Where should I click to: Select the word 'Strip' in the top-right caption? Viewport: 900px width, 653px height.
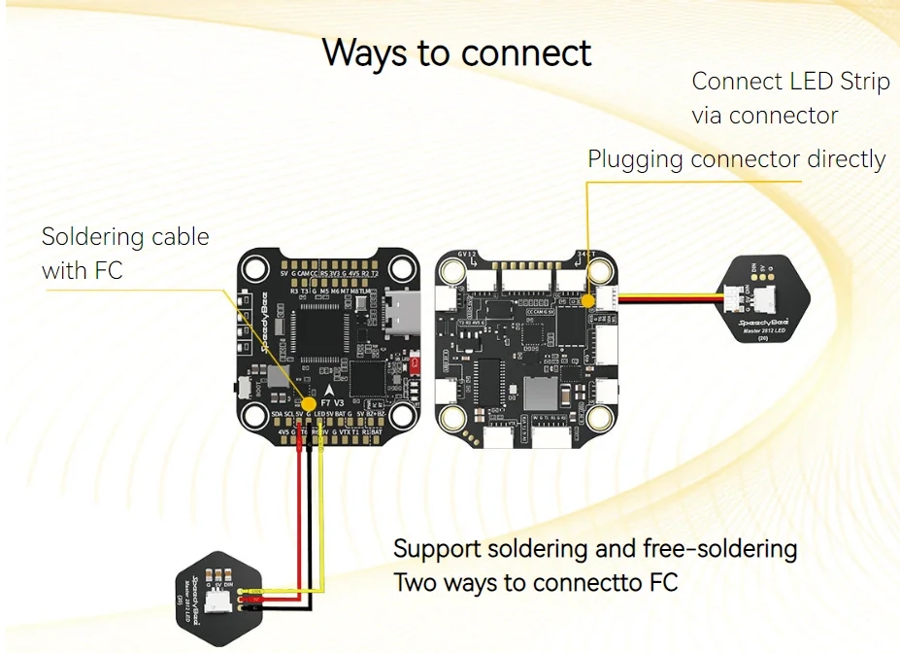pos(864,82)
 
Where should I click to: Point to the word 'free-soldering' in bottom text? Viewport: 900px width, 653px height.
pos(719,549)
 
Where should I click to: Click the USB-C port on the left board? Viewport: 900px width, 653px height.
pos(399,313)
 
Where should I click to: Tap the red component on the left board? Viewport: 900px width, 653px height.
pos(416,364)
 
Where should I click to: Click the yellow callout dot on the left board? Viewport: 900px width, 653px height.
pos(309,403)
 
